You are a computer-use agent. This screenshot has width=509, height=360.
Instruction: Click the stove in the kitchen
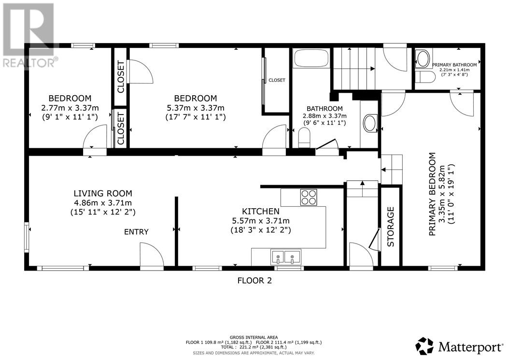tap(309, 197)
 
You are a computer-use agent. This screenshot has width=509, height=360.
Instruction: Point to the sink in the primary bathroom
tap(423, 59)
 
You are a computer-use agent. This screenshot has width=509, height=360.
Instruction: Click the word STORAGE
tap(391, 227)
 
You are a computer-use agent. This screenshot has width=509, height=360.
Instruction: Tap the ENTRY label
tap(136, 232)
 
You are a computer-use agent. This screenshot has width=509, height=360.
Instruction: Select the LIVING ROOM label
tap(103, 193)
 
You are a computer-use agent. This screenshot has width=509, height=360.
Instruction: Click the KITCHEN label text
tap(260, 212)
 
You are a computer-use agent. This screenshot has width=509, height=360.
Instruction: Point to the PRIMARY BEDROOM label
tap(432, 194)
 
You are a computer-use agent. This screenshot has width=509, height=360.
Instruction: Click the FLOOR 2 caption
tap(254, 280)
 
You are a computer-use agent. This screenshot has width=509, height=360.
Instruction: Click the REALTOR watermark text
tap(29, 62)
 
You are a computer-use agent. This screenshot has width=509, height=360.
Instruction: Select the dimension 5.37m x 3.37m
tap(196, 108)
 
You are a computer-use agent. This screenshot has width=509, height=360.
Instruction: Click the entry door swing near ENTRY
tap(151, 254)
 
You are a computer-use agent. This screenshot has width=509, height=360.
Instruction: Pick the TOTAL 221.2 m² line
tap(254, 346)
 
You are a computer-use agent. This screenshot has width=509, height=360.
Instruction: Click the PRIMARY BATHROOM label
tap(454, 65)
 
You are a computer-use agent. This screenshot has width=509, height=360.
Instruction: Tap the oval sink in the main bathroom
tap(369, 123)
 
